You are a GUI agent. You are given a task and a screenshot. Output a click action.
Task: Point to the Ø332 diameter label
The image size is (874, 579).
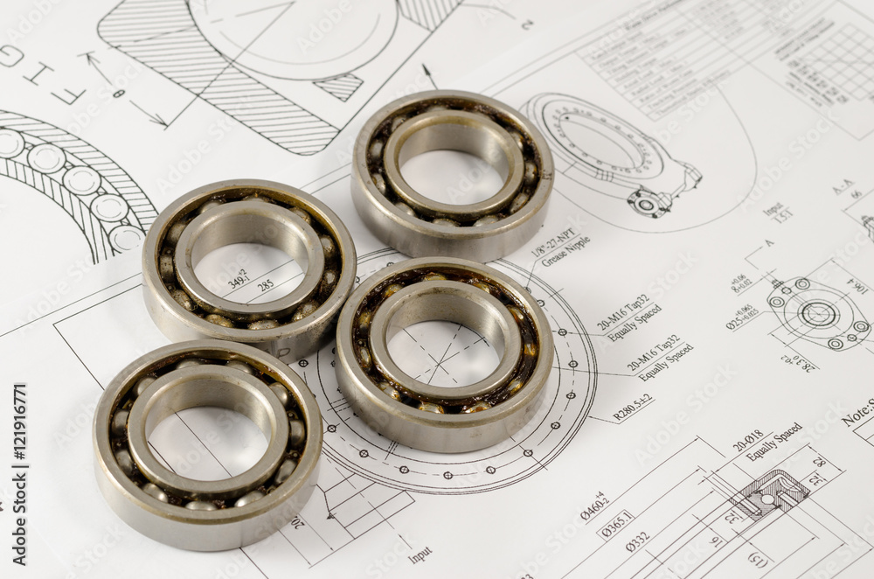tap(637, 543)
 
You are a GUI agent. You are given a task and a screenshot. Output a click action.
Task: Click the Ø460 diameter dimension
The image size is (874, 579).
tap(594, 506)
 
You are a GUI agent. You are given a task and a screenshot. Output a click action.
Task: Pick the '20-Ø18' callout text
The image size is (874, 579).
tap(748, 440)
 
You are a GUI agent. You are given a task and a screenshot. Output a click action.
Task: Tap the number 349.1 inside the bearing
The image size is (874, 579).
tap(239, 278)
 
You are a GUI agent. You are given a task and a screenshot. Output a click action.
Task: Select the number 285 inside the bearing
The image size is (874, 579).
tap(265, 285)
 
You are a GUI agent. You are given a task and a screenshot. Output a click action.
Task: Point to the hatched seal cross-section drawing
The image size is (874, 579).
tap(769, 493)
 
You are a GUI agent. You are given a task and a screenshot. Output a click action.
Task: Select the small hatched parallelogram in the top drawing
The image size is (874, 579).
tap(339, 87)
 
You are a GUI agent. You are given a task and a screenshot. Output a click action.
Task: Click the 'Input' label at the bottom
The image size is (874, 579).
tap(420, 554)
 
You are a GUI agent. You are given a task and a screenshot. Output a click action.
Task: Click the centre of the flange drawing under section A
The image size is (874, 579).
tap(819, 314)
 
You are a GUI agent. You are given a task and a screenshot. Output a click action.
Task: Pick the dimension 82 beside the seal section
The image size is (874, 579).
tap(819, 462)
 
